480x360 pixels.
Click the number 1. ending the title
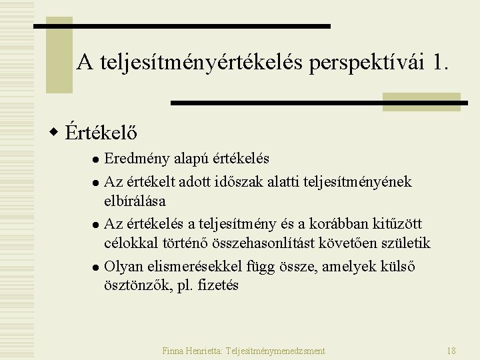(x=441, y=63)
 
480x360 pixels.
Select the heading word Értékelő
(x=102, y=132)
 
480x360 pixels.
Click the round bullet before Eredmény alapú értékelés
(x=96, y=160)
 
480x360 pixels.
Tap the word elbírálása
(x=135, y=200)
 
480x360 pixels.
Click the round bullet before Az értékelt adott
(x=96, y=182)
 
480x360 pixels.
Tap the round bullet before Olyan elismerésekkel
(x=96, y=267)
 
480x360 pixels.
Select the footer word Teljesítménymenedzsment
(x=276, y=350)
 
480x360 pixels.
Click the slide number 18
(x=451, y=350)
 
